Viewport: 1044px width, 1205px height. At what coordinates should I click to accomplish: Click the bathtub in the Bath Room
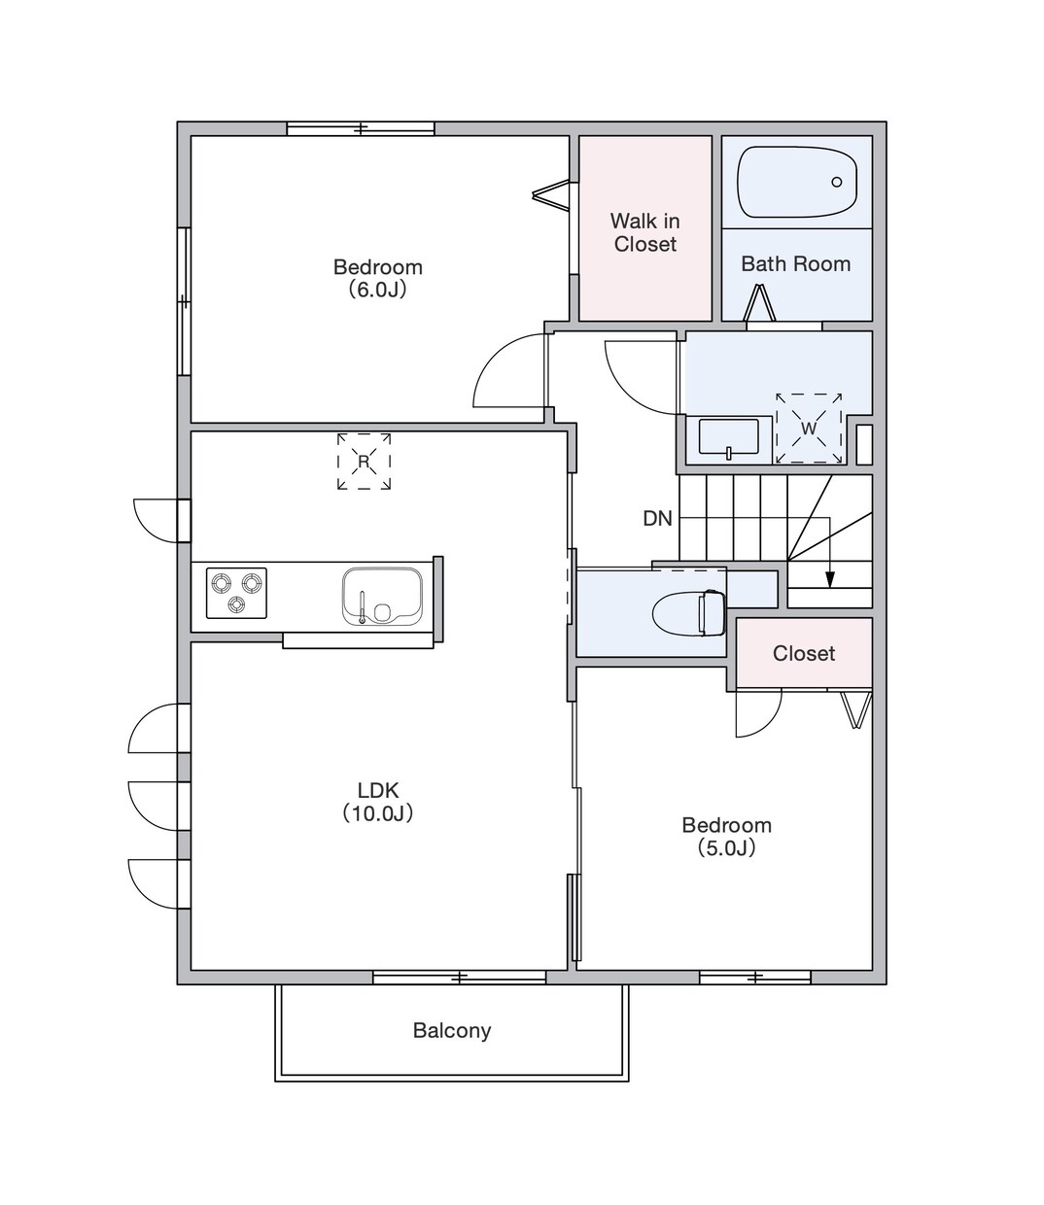797,182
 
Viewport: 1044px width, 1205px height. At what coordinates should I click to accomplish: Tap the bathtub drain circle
836,182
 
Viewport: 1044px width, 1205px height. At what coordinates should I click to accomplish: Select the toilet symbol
689,613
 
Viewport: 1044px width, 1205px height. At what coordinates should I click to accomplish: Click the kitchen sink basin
382,597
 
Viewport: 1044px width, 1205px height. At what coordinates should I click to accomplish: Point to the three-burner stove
236,594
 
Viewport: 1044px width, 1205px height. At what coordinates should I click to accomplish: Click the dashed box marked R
364,462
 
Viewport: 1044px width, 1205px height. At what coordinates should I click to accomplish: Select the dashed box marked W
809,429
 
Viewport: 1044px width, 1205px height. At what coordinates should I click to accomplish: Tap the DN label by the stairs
657,518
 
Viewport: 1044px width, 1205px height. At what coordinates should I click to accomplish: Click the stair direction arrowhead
829,579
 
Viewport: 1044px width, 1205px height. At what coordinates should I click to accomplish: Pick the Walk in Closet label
645,232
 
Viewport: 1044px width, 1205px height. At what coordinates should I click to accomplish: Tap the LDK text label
378,790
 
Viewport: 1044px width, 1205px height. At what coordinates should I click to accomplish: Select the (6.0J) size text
377,290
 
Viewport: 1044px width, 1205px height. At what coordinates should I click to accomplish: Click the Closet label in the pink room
804,653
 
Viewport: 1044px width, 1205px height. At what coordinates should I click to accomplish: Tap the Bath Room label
795,263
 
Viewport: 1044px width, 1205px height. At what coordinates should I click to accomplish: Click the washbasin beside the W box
729,437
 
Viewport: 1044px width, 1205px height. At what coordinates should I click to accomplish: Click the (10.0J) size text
378,812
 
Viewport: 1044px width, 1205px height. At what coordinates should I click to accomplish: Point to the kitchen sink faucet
362,607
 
